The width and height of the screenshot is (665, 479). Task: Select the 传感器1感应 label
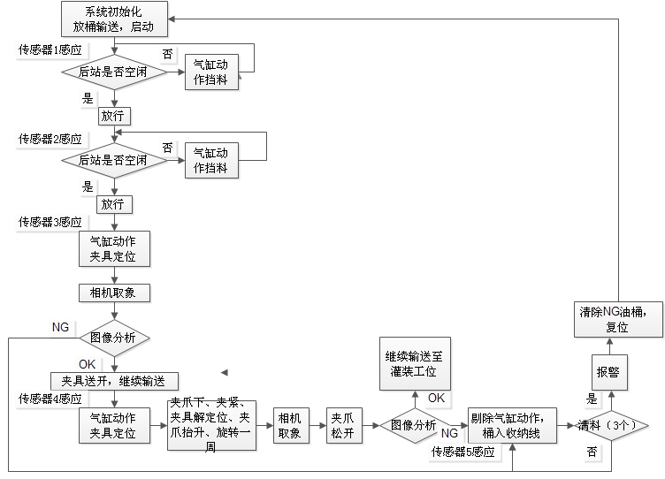pyautogui.click(x=50, y=50)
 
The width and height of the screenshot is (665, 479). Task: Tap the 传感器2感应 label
pyautogui.click(x=50, y=139)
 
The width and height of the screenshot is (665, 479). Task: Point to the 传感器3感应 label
pyautogui.click(x=50, y=222)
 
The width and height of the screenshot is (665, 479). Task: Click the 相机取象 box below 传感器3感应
pyautogui.click(x=114, y=292)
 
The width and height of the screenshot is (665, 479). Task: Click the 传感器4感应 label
pyautogui.click(x=50, y=399)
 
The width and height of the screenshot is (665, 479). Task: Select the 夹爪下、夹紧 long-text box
pyautogui.click(x=213, y=426)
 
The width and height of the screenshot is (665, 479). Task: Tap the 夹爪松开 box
pyautogui.click(x=342, y=426)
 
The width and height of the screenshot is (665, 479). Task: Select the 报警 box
pyautogui.click(x=608, y=372)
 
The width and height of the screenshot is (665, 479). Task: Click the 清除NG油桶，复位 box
pyautogui.click(x=617, y=319)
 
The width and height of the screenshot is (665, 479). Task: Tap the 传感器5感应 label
pyautogui.click(x=462, y=452)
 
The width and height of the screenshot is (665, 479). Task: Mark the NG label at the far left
pyautogui.click(x=60, y=327)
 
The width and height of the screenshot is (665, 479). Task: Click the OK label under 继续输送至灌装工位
pyautogui.click(x=437, y=398)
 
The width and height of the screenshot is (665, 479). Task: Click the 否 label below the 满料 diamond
pyautogui.click(x=592, y=452)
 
